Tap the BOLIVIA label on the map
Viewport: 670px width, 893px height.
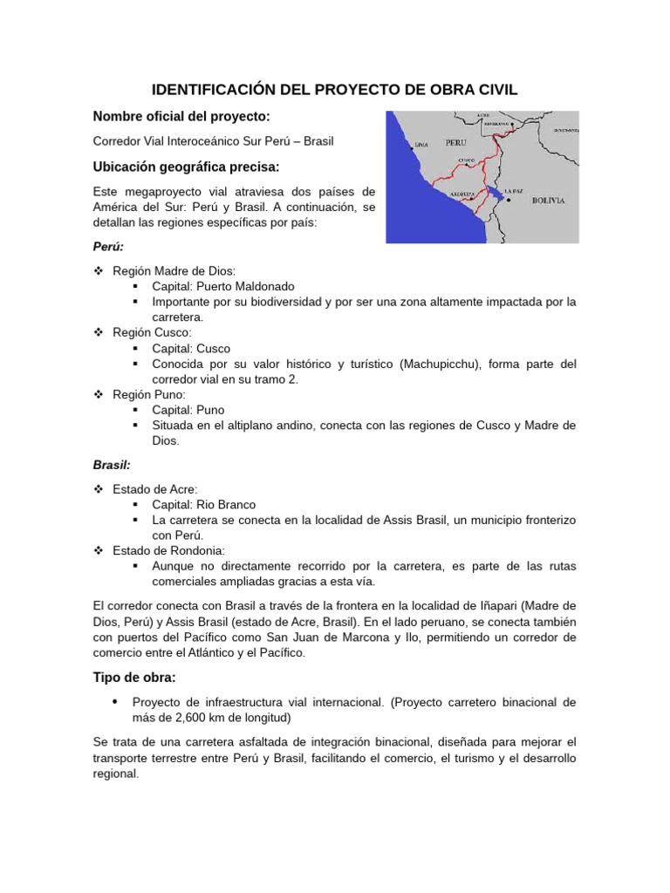coord(548,200)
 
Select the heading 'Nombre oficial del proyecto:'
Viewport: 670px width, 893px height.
coord(181,117)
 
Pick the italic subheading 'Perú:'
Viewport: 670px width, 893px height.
coord(108,247)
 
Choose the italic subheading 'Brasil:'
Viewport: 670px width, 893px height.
coord(111,466)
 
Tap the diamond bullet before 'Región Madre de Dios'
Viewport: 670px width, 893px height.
coord(99,271)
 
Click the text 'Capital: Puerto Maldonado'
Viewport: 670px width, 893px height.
coord(223,286)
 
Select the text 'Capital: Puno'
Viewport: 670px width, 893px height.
coord(188,410)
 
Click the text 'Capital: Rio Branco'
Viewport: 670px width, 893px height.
coord(204,505)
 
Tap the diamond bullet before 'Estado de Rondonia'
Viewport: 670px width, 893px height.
coord(99,550)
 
